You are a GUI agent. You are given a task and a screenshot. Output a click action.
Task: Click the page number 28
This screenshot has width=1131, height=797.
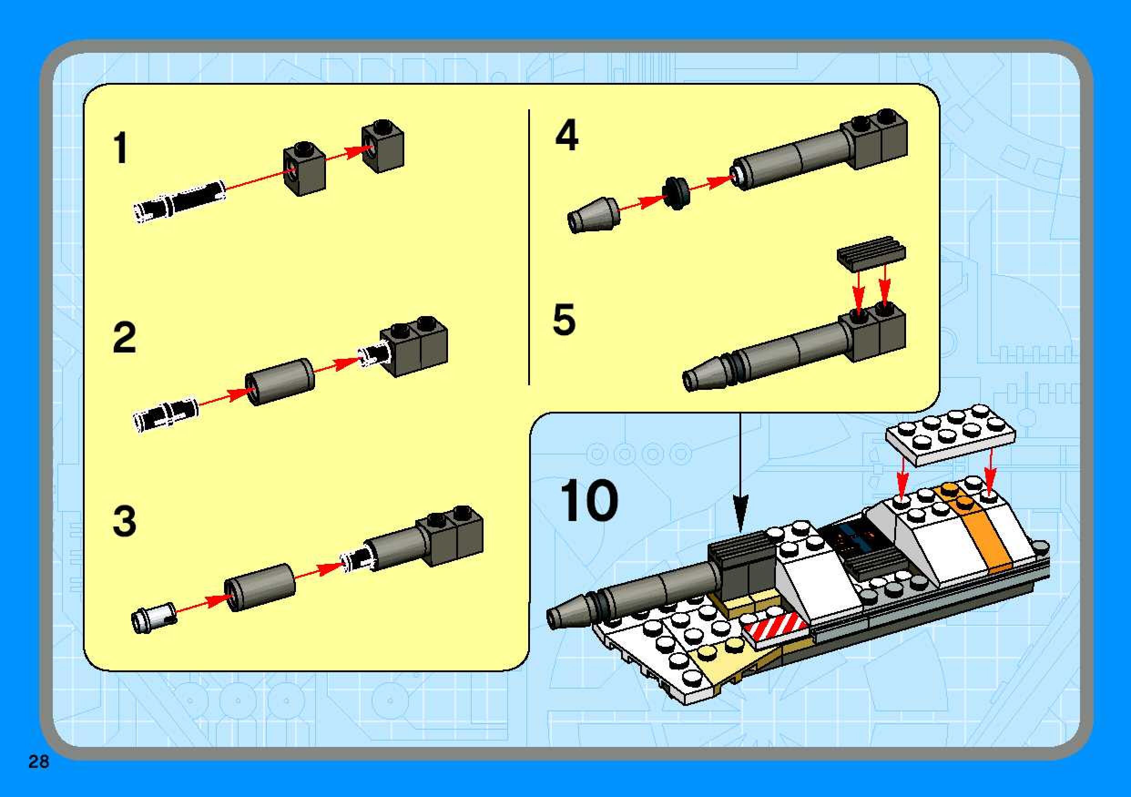pyautogui.click(x=39, y=762)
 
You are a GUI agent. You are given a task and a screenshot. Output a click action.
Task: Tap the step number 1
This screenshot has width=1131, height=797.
pyautogui.click(x=121, y=148)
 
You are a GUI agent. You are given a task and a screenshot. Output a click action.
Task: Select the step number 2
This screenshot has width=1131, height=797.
pyautogui.click(x=124, y=337)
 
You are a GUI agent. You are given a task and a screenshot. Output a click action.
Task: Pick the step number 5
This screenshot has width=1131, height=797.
pyautogui.click(x=564, y=319)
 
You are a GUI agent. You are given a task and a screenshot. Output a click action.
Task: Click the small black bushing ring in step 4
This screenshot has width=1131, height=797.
pyautogui.click(x=676, y=193)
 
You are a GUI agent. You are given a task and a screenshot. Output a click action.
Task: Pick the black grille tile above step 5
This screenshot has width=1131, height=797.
pyautogui.click(x=871, y=252)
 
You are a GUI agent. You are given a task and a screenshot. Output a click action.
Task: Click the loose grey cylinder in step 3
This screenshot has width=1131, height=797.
pyautogui.click(x=260, y=587)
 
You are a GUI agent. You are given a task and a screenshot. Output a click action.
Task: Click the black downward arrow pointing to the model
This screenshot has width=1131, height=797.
pyautogui.click(x=739, y=473)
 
